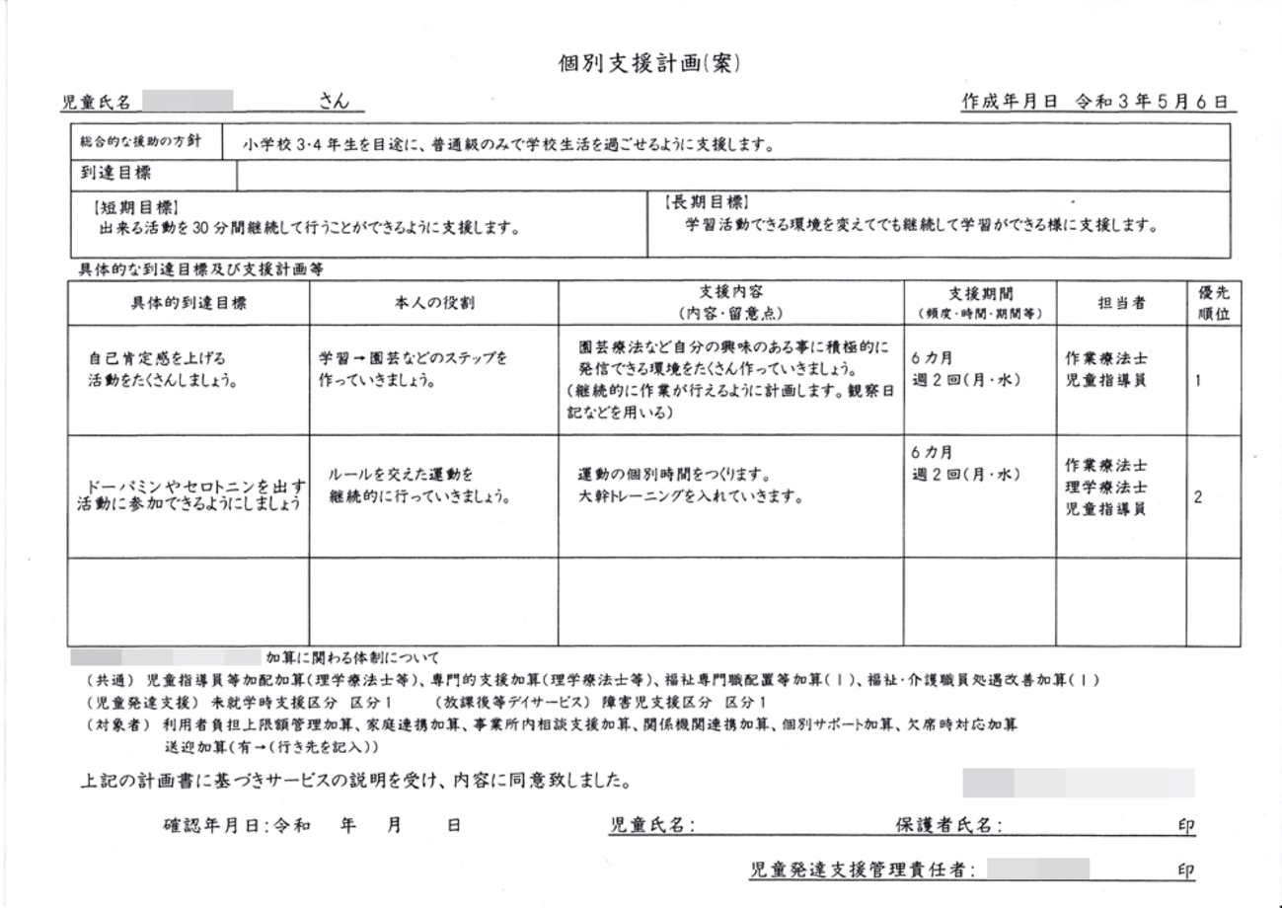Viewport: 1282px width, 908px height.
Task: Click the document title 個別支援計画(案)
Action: (648, 64)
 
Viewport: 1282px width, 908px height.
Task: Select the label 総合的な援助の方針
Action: (140, 141)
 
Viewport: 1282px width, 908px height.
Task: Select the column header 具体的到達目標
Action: (189, 303)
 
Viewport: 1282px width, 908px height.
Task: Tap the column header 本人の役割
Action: (434, 303)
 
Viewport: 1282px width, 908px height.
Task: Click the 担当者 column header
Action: (1121, 303)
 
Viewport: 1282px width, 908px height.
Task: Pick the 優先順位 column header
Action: (1213, 303)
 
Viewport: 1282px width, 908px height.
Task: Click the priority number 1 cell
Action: (1197, 380)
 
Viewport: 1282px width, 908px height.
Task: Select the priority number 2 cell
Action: (1197, 497)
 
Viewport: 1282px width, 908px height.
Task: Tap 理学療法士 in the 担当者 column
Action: (1105, 488)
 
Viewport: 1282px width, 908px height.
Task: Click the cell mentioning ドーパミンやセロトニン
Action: (190, 495)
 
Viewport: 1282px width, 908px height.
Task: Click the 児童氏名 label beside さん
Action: (96, 102)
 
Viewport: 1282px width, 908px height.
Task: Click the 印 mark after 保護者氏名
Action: (1185, 826)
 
